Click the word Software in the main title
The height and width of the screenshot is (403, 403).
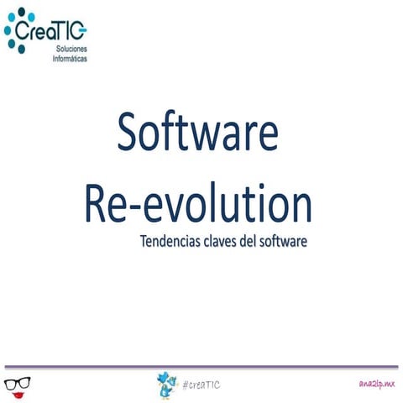click(198, 134)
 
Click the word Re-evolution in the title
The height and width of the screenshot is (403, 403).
click(198, 204)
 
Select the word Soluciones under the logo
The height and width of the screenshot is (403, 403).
click(71, 51)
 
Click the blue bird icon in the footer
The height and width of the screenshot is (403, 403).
click(166, 385)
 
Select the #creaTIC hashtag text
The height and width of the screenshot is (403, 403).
click(201, 385)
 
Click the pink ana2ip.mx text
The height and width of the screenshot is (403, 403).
click(375, 383)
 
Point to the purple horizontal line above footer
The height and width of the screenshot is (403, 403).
click(201, 367)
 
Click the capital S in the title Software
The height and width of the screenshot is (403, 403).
click(128, 134)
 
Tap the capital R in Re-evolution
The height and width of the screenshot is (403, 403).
click(96, 205)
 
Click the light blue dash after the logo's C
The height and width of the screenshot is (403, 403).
click(83, 32)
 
